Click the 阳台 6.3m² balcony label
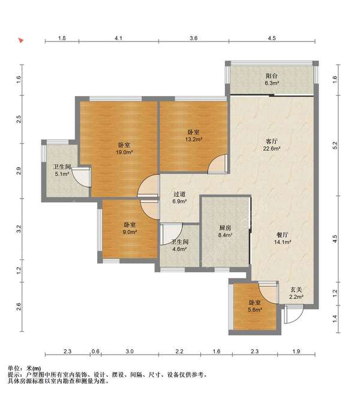(272, 79)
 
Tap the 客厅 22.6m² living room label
(272, 145)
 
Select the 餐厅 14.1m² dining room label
(283, 238)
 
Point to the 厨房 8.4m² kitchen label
(225, 232)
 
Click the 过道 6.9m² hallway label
(179, 198)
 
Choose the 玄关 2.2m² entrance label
(296, 293)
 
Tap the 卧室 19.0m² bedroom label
(124, 149)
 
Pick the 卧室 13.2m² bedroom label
(194, 136)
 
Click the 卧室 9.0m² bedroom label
(130, 228)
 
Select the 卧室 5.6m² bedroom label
(254, 306)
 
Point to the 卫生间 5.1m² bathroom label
(62, 170)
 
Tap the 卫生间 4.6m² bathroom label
(179, 245)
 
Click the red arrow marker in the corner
(21, 40)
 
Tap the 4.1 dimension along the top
(118, 38)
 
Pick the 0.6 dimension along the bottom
(95, 351)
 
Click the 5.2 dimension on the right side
(335, 145)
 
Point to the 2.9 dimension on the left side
(18, 171)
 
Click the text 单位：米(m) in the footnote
(24, 368)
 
